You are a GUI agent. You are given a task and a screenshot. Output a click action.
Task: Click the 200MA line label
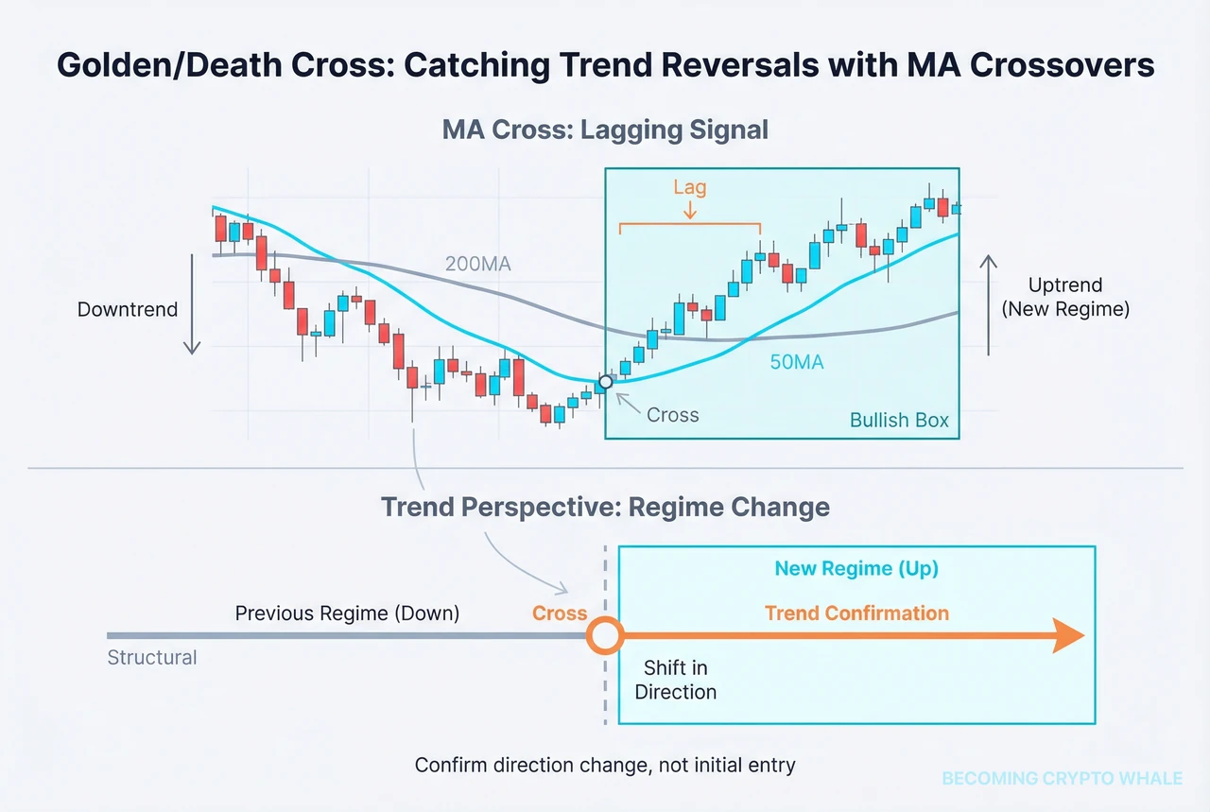point(477,264)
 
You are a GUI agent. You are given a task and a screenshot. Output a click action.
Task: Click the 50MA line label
point(796,360)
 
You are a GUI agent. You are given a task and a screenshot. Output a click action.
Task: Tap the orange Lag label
point(689,187)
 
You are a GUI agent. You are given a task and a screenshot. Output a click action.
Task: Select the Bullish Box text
point(899,420)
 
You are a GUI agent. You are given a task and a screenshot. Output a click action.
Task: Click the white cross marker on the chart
point(605,382)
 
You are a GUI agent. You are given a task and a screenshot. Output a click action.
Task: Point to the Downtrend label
point(128,309)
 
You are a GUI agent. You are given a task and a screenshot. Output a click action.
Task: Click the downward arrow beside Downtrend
point(192,302)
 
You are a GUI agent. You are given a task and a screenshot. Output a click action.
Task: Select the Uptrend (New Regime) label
point(1065,297)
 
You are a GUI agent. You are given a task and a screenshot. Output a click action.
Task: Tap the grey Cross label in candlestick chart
point(672,414)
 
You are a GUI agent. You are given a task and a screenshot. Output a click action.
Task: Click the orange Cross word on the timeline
point(560,613)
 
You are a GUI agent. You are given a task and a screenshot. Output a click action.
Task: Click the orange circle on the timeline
point(605,636)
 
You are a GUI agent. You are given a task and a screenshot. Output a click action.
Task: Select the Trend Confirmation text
point(856,613)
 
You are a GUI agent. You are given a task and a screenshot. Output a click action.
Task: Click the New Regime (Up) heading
point(856,568)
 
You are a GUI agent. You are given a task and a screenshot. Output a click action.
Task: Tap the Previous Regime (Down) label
point(347,613)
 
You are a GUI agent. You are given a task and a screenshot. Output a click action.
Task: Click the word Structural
point(152,657)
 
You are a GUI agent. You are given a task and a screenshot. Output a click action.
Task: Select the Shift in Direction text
point(675,680)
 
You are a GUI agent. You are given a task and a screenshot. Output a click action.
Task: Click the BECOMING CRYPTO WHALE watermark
point(1062,778)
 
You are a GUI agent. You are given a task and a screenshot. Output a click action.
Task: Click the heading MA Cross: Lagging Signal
point(605,129)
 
